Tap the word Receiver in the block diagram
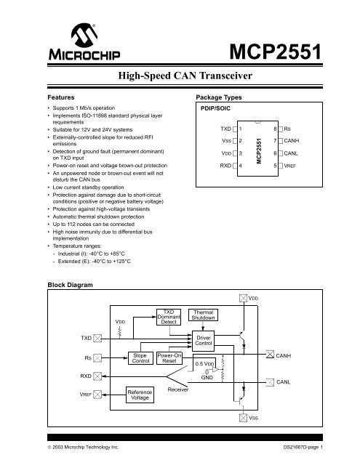179,389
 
